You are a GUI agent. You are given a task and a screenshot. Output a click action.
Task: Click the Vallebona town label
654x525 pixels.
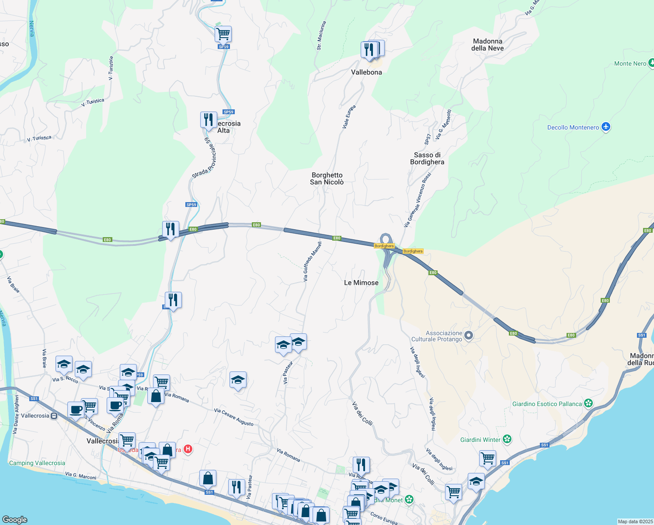pos(366,72)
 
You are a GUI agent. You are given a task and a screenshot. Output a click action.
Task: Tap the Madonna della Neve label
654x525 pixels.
pos(487,45)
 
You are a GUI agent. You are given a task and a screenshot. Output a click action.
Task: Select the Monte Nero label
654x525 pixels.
pos(630,63)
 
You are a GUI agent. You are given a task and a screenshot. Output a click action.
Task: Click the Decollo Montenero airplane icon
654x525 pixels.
pos(605,127)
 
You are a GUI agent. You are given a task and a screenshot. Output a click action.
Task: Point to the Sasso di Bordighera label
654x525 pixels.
pos(427,158)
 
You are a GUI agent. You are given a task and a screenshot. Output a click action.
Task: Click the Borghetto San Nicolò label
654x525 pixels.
pos(327,178)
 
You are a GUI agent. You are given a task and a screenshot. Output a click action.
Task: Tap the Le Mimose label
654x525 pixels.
pos(361,283)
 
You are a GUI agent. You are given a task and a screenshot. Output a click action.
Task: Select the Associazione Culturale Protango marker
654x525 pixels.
pos(469,336)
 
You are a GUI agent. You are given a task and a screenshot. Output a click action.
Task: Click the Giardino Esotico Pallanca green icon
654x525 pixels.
pos(588,403)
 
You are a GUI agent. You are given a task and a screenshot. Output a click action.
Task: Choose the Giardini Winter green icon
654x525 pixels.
pos(507,439)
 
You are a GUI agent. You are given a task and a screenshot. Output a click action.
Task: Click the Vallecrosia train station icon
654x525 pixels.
pos(54,416)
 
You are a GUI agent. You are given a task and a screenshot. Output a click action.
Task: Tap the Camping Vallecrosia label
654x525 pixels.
pos(37,463)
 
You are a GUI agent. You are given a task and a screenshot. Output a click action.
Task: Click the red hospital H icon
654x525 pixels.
pos(188,449)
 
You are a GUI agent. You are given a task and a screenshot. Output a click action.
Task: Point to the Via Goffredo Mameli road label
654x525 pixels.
pos(313,261)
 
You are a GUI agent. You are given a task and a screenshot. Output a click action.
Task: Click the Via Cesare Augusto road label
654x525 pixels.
pos(234,417)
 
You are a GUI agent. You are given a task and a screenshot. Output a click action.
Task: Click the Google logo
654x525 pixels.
pos(15,520)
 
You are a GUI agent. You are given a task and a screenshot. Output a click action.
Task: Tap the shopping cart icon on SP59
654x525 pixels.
pos(223,33)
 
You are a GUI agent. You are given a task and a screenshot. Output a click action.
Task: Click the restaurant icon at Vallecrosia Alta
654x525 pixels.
pos(209,119)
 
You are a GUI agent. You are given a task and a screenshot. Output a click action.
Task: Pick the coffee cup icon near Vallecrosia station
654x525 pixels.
pos(76,410)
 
